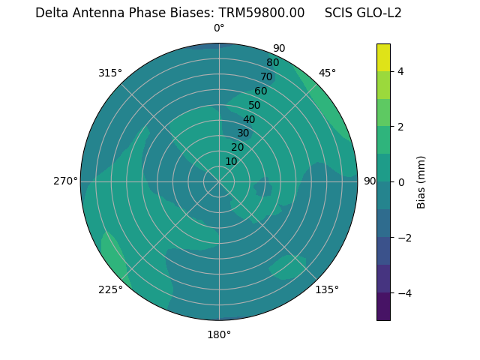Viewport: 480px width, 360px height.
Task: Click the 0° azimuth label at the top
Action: pyautogui.click(x=219, y=28)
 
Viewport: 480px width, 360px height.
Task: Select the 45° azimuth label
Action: pyautogui.click(x=327, y=73)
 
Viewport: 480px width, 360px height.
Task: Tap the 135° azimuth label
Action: pyautogui.click(x=327, y=289)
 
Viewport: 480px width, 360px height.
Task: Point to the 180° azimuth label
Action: pyautogui.click(x=219, y=334)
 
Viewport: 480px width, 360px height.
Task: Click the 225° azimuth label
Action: pyautogui.click(x=110, y=289)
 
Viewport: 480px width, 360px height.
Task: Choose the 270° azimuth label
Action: pyautogui.click(x=65, y=181)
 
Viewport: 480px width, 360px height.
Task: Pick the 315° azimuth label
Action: pyautogui.click(x=110, y=73)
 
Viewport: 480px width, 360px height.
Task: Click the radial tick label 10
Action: pyautogui.click(x=231, y=161)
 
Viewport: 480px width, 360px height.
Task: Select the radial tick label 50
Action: pyautogui.click(x=254, y=106)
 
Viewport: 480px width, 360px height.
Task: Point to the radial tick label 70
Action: pyautogui.click(x=266, y=77)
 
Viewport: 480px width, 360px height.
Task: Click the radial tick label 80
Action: pyautogui.click(x=272, y=63)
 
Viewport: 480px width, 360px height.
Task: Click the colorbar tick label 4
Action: pyautogui.click(x=401, y=71)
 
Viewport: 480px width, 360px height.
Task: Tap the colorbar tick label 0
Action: pyautogui.click(x=401, y=182)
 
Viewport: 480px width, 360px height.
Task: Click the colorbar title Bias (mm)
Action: pyautogui.click(x=421, y=182)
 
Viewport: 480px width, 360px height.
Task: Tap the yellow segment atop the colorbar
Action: pyautogui.click(x=383, y=58)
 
